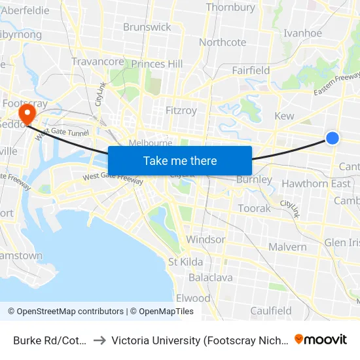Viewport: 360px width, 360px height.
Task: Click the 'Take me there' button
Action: (180, 160)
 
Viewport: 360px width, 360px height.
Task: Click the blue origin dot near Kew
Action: (333, 137)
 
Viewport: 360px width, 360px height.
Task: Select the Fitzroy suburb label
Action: (181, 111)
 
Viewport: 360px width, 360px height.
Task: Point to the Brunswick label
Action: (147, 27)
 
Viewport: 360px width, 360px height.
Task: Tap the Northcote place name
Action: (223, 43)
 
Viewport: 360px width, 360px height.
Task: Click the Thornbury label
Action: (230, 8)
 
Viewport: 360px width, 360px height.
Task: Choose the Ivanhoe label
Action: (302, 33)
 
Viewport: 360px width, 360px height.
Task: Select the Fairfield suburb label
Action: (251, 70)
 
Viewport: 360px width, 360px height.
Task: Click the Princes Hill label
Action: (157, 64)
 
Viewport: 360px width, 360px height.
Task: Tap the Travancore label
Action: (98, 62)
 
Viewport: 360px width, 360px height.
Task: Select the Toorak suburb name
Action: (254, 208)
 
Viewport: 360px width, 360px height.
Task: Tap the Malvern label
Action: (287, 247)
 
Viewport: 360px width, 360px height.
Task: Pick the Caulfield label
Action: (271, 311)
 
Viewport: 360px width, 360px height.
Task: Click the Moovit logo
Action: (321, 340)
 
